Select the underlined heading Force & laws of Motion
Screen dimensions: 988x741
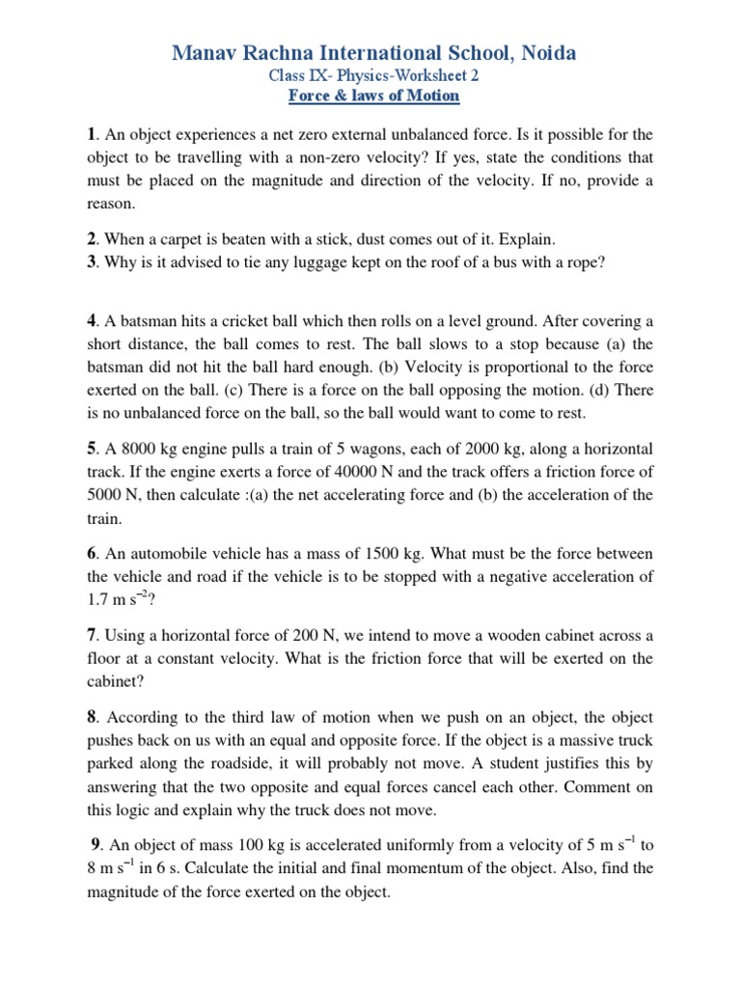[x=374, y=96]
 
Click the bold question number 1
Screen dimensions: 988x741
[x=91, y=133]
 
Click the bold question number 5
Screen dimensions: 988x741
[x=91, y=449]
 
